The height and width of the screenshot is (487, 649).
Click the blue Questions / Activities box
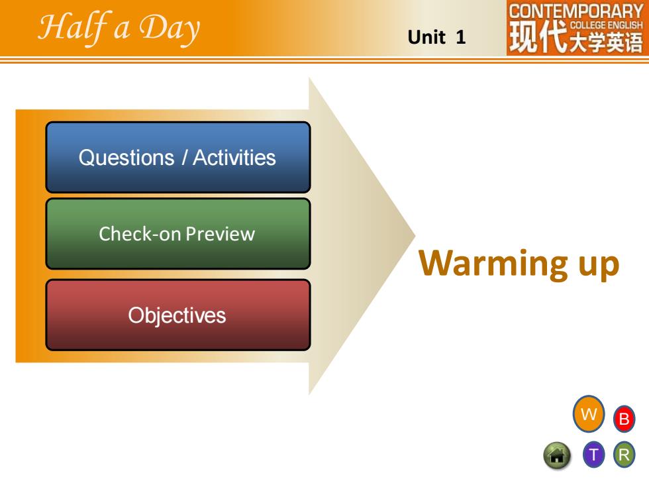tap(178, 158)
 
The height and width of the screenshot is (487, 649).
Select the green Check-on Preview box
tap(178, 234)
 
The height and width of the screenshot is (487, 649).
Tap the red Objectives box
tap(178, 315)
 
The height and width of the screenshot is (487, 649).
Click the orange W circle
tap(589, 413)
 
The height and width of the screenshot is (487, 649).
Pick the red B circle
tap(624, 419)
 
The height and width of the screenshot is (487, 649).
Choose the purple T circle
tap(594, 455)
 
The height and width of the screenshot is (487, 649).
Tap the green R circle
tap(624, 455)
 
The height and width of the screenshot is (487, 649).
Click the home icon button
tap(557, 456)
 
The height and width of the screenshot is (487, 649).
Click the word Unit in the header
tap(426, 37)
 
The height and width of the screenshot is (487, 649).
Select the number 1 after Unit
tap(461, 37)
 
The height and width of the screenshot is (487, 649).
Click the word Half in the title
tap(74, 27)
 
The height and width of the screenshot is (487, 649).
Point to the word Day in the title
tap(170, 28)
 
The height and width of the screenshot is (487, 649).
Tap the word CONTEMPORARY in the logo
tap(575, 11)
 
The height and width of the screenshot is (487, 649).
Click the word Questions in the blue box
tap(126, 158)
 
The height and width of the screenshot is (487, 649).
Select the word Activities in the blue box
tap(234, 158)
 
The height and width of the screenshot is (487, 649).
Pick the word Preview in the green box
tap(220, 234)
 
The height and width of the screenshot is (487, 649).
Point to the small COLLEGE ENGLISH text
tap(607, 25)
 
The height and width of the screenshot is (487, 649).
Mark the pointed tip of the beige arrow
tap(415, 236)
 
